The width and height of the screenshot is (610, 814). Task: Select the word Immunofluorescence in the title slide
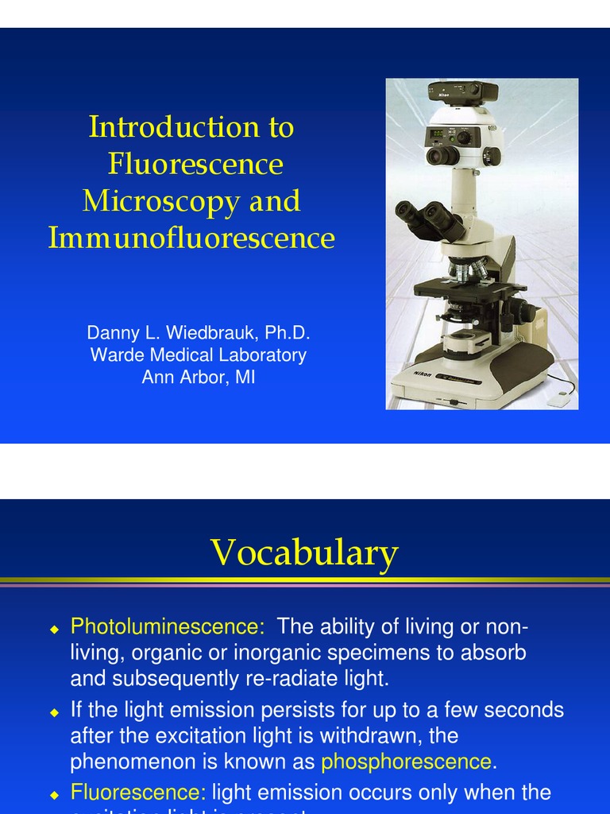coord(191,238)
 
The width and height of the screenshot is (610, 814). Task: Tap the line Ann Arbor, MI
coord(198,377)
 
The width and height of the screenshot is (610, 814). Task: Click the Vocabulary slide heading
coord(304,552)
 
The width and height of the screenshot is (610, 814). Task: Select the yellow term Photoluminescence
coord(167,627)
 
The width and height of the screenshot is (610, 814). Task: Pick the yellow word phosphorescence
coord(406,762)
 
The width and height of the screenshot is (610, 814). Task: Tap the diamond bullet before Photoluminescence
coord(54,629)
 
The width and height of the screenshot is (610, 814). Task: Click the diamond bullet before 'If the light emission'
coord(54,711)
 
